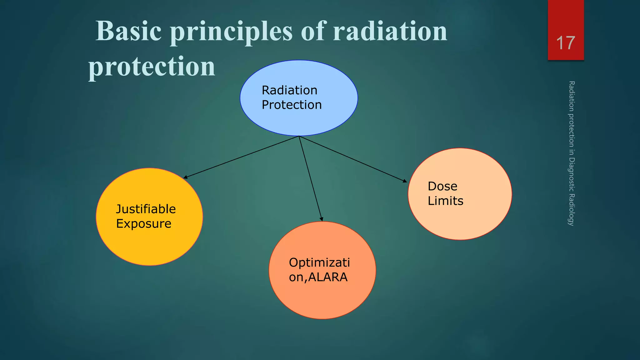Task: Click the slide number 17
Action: pos(565,43)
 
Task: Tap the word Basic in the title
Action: pos(128,31)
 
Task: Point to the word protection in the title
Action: pos(152,66)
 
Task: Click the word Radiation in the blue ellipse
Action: pos(289,90)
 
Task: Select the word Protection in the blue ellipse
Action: pos(292,105)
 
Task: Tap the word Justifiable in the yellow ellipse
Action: pos(146,209)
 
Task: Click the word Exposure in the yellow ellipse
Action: pos(143,224)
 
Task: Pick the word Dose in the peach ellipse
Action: pos(442,186)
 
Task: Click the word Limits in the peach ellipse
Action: pos(445,201)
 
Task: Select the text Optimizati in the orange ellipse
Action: pos(319,262)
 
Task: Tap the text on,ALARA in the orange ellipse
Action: pos(318,277)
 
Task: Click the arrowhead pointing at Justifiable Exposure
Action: pos(185,177)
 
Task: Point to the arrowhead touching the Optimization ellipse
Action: pos(322,219)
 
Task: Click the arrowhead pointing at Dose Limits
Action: pos(405,181)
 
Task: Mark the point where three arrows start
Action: pos(299,136)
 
